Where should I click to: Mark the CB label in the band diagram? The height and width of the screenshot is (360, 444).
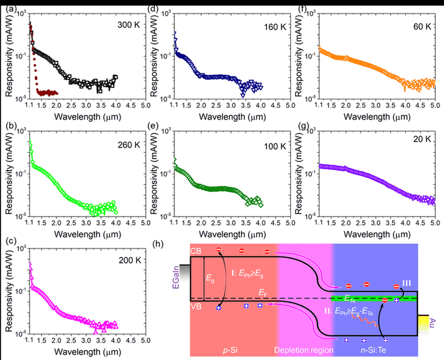tap(196, 251)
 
